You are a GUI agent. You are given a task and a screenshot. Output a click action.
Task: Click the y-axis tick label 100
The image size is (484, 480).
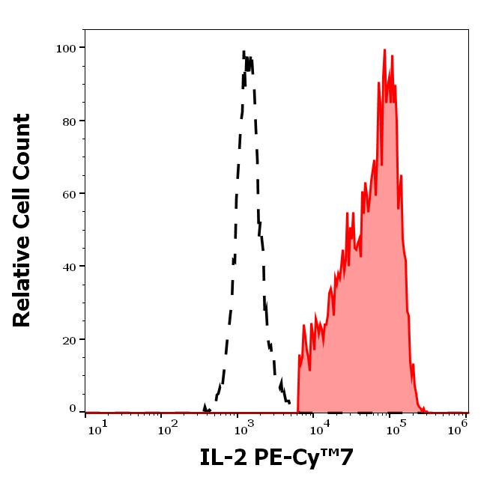[x=66, y=48]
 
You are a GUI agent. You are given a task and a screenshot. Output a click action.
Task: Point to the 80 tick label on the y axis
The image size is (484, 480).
[x=69, y=121]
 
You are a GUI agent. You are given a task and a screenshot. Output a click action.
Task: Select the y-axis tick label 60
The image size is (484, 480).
[x=69, y=194]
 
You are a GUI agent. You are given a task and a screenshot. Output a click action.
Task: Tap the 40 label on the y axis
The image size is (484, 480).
[x=69, y=267]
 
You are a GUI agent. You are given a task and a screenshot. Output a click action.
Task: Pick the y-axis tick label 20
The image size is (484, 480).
[x=69, y=339]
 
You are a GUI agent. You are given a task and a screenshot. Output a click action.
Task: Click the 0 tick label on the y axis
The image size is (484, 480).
[x=73, y=409]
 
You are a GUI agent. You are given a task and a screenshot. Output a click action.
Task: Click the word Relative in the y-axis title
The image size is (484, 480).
[x=22, y=280]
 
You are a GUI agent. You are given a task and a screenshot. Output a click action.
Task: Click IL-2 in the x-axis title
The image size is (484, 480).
[x=226, y=457]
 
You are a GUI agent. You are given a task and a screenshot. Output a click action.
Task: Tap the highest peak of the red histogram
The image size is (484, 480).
[x=384, y=51]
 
